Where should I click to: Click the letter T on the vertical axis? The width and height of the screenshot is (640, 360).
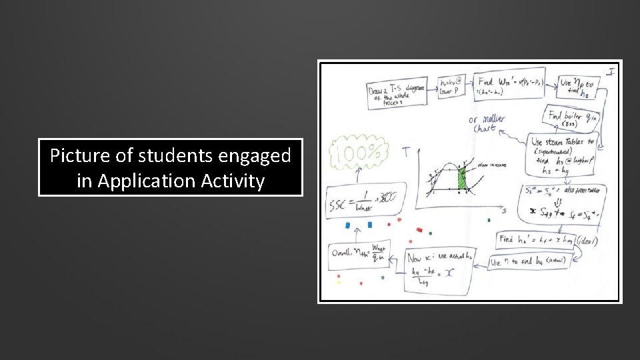coord(405,153)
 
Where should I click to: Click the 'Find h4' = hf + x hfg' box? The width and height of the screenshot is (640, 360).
coord(537,239)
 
